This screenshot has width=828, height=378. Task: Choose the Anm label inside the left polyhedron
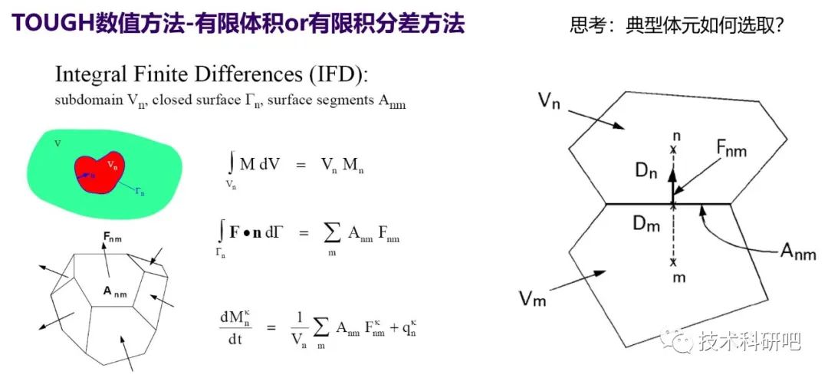[x=117, y=290]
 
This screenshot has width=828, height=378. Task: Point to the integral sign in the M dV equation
[x=231, y=163]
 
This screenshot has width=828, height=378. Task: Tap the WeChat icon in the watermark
[x=676, y=340]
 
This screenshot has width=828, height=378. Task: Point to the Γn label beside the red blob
[x=140, y=192]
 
